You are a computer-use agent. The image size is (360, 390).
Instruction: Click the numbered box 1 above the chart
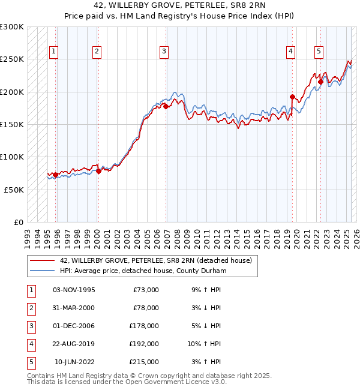tap(54, 52)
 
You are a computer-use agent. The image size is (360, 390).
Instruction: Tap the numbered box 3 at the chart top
tap(164, 52)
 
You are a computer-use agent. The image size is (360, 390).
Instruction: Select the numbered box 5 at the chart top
tap(318, 52)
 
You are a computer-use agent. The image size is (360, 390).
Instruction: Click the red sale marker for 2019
tap(292, 97)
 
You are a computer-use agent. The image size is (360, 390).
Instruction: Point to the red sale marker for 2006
tap(166, 106)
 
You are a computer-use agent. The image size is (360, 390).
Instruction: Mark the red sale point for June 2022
tap(320, 82)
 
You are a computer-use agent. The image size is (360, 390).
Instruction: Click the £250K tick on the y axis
tap(12, 59)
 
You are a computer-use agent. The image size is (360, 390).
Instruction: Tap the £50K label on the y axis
tap(14, 189)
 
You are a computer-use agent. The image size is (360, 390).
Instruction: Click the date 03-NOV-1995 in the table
tap(74, 290)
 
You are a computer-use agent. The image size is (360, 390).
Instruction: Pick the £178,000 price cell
tap(145, 326)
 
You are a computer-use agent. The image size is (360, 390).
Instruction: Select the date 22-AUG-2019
tap(74, 344)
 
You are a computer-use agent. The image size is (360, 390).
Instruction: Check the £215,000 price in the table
tap(145, 362)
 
